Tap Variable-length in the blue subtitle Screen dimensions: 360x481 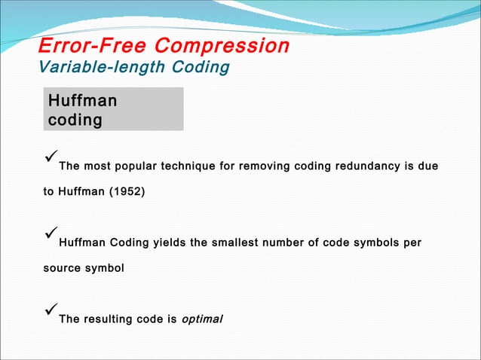(93, 68)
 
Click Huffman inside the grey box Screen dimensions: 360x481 (82, 101)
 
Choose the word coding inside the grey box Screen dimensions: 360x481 (75, 121)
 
